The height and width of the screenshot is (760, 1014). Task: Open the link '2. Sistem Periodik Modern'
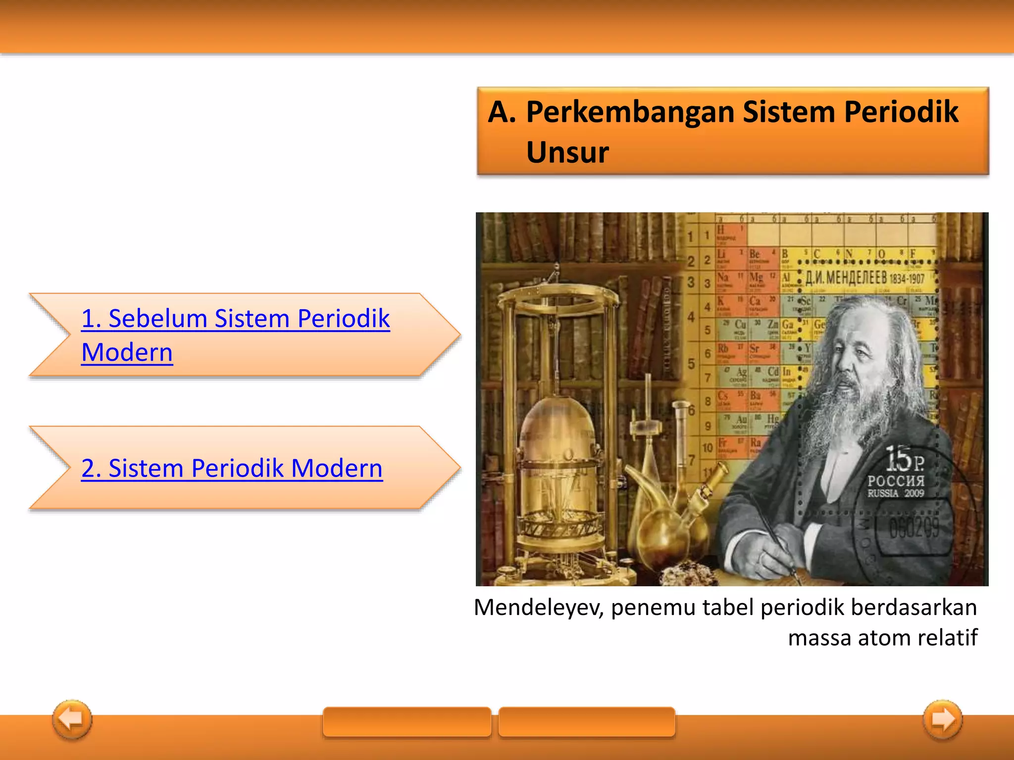point(232,468)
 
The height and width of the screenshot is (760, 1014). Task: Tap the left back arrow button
point(72,719)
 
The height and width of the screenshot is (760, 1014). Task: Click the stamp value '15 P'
point(904,459)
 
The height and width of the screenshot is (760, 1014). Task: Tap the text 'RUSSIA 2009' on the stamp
point(895,493)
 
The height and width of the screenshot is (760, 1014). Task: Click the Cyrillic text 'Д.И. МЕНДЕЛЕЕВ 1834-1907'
point(864,278)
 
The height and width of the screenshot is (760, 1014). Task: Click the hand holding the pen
point(775,554)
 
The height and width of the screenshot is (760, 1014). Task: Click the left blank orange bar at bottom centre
point(406,721)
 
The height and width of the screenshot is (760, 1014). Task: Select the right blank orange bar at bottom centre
point(587,721)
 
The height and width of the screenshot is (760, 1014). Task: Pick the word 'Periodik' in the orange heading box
point(901,112)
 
